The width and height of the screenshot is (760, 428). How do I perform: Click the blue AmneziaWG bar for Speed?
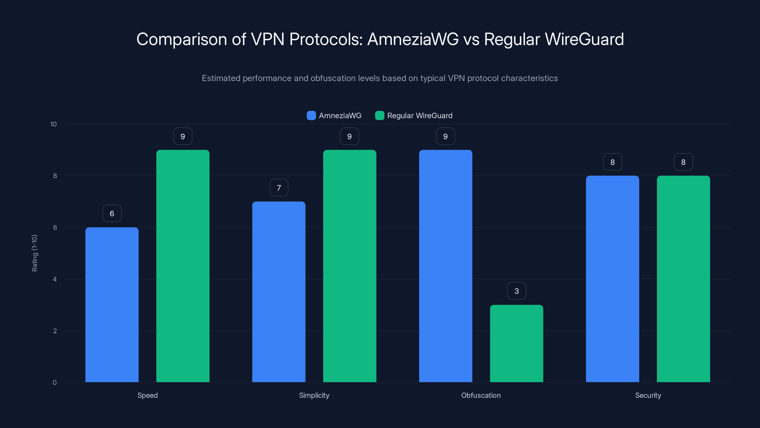pos(112,305)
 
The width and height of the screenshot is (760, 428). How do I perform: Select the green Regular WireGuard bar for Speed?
pos(183,266)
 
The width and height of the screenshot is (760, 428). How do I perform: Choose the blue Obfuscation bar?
pos(446,266)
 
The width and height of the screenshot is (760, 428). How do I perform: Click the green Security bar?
pos(683,279)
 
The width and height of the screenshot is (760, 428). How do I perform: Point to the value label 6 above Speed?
pos(112,213)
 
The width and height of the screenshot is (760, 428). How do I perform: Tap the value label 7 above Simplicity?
pos(279,188)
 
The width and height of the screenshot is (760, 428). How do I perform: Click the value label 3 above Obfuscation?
pos(516,291)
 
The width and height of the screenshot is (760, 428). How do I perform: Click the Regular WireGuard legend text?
pos(419,116)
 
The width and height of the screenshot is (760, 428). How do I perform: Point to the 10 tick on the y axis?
pos(53,124)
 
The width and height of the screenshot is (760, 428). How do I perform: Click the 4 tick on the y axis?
pos(55,279)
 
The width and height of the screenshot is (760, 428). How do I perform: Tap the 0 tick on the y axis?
pos(55,383)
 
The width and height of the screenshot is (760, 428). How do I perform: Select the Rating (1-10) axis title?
pos(34,253)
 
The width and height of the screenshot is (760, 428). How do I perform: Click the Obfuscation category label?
pos(481,395)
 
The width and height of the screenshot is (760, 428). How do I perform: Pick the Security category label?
pos(648,395)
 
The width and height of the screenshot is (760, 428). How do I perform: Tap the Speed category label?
pos(147,395)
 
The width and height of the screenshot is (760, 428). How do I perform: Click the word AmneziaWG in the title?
pos(413,39)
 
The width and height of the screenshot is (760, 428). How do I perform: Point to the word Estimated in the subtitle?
pos(221,78)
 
